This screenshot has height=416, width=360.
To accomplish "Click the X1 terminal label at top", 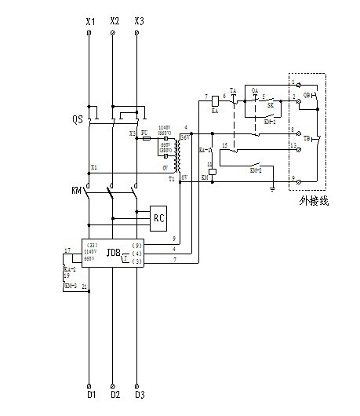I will (90, 20).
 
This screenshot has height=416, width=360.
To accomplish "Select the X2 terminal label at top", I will (115, 20).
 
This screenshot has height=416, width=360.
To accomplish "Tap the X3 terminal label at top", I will (139, 20).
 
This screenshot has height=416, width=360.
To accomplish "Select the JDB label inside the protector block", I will (114, 253).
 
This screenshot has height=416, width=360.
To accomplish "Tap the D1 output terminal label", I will (90, 393).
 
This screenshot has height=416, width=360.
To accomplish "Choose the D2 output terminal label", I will (115, 393).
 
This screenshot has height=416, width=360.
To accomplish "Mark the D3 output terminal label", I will (139, 393).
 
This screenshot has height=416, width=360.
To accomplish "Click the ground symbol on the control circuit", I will (271, 188).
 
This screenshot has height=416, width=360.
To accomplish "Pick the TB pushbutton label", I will (307, 137).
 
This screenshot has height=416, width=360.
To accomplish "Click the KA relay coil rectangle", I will (215, 102).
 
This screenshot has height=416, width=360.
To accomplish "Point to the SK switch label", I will (269, 104).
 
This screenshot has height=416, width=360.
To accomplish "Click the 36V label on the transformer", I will (185, 137).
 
